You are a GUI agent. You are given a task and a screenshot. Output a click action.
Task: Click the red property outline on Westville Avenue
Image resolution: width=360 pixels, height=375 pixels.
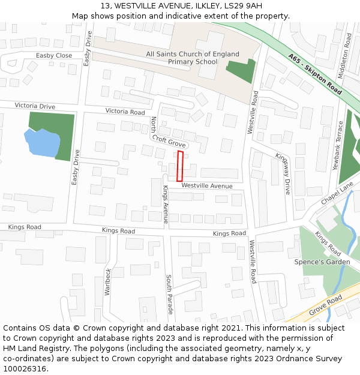pos(179,166)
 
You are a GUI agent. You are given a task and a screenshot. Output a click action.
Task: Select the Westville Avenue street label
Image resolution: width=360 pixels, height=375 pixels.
pos(207,186)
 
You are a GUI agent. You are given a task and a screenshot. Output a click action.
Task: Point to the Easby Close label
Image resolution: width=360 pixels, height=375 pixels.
pos(53,56)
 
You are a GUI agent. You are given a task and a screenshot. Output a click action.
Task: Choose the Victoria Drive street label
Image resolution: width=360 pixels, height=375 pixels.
pos(35,106)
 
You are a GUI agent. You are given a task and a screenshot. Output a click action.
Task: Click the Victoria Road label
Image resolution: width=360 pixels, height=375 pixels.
pos(125,112)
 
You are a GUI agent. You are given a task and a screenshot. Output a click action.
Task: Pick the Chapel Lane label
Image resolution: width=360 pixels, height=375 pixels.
pos(337,194)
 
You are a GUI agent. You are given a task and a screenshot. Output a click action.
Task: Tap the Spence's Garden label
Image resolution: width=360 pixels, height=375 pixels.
pos(322,262)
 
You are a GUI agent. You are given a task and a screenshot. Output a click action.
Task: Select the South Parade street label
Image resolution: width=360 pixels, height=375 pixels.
pos(169,295)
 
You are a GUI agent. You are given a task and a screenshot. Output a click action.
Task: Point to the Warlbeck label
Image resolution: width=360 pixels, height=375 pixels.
pos(108,281)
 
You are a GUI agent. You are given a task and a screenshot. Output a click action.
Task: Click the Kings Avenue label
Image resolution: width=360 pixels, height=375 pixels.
pos(166,205)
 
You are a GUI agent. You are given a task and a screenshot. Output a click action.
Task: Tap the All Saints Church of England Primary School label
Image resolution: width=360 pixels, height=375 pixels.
pos(193,58)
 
